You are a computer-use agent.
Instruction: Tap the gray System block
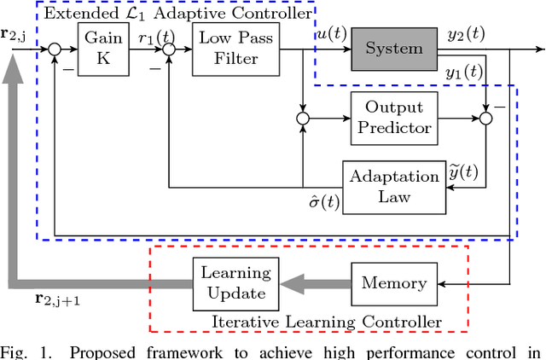(393, 49)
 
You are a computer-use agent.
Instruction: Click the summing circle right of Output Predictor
(486, 119)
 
